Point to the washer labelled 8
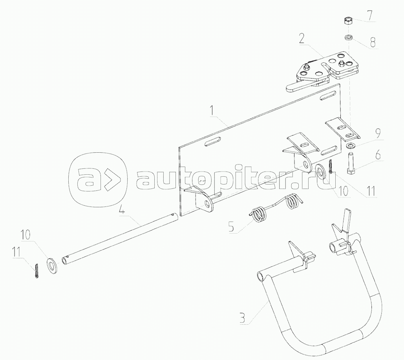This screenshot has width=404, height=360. pos(348,37)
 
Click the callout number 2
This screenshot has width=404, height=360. pos(302,38)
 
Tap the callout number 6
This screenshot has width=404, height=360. pos(378,155)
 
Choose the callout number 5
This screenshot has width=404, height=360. pos(231,227)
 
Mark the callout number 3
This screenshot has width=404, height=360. pos(243,317)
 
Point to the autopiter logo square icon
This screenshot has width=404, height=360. pos(98,181)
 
